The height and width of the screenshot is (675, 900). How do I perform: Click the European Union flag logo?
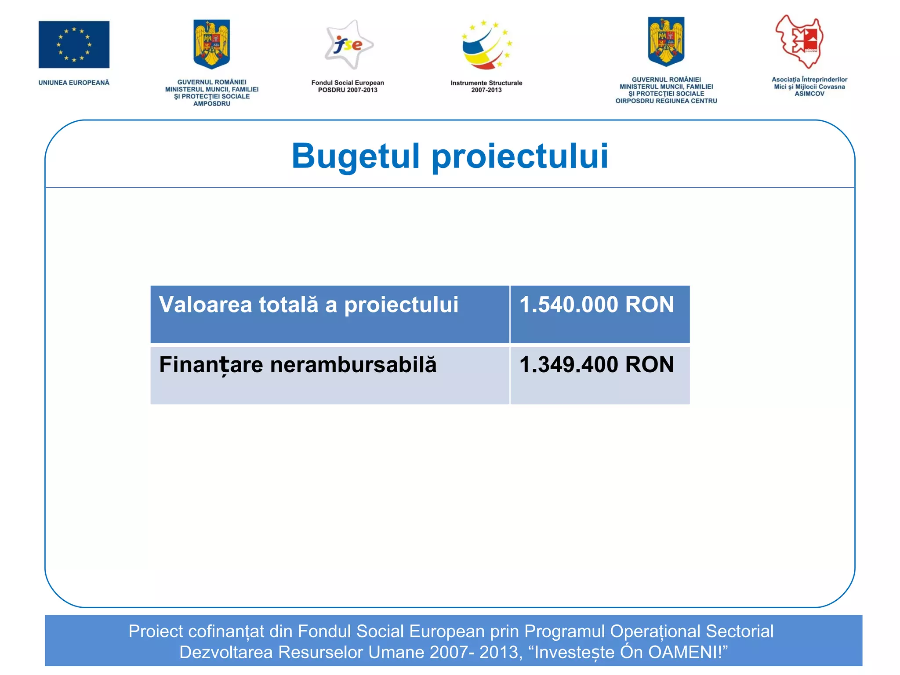click(74, 44)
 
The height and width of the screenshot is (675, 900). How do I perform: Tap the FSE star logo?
click(348, 44)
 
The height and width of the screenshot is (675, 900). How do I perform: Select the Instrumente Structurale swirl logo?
click(486, 45)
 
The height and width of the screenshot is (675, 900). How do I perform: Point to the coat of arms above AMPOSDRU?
click(211, 44)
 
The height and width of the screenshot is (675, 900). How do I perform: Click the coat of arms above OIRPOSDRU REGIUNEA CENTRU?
click(666, 42)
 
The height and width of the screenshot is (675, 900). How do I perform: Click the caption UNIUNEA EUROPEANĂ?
click(74, 83)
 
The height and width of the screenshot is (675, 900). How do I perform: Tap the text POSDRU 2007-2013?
click(348, 90)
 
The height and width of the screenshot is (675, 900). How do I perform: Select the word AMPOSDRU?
click(211, 104)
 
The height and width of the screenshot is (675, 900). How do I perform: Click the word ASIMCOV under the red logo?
click(809, 94)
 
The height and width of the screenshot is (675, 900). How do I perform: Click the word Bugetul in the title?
click(356, 156)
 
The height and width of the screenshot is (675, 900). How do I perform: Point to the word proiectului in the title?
click(520, 156)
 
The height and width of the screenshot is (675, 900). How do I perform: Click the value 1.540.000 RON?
click(596, 305)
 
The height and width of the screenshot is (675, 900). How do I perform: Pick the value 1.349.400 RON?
click(596, 365)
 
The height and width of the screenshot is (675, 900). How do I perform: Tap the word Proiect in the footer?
click(156, 631)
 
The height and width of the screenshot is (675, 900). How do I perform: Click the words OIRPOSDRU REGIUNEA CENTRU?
click(666, 101)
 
